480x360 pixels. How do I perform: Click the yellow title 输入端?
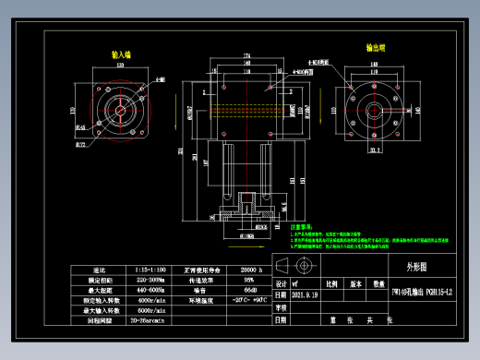coord(121,54)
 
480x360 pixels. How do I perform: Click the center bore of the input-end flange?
coord(120,109)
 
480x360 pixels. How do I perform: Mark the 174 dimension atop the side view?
coord(247,56)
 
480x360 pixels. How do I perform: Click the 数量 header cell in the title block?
coord(378,285)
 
